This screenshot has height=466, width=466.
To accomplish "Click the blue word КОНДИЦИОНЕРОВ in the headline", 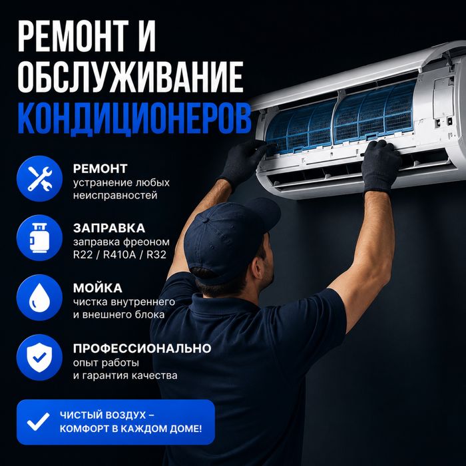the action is (x=134, y=118).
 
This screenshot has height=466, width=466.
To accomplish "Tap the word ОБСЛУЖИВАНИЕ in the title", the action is (x=130, y=77).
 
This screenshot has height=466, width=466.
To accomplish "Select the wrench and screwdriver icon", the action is (x=39, y=178).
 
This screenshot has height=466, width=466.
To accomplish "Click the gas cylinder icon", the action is (x=39, y=238).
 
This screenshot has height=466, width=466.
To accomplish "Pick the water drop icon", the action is (x=39, y=298).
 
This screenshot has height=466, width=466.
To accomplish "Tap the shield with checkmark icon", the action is (x=39, y=357).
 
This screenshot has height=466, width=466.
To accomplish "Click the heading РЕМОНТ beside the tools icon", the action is (x=100, y=169).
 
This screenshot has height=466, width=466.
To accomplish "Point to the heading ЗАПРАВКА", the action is (x=109, y=228).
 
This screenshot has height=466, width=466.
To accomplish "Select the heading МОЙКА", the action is (x=97, y=288).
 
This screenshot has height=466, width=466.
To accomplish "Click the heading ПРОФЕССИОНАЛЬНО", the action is (x=142, y=348).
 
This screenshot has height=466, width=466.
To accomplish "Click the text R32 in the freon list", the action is (x=156, y=255).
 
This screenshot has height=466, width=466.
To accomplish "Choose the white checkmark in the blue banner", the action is (x=38, y=421).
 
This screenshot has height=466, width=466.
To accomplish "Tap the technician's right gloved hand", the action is (x=381, y=166).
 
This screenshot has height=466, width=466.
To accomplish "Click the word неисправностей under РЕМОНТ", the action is (x=115, y=196).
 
